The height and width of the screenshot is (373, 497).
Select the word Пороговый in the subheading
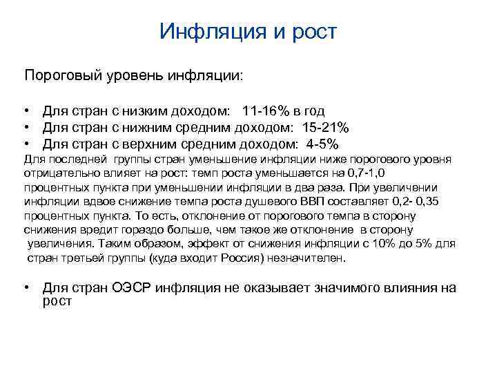[60, 74]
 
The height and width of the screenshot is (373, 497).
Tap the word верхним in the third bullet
[144, 144]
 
